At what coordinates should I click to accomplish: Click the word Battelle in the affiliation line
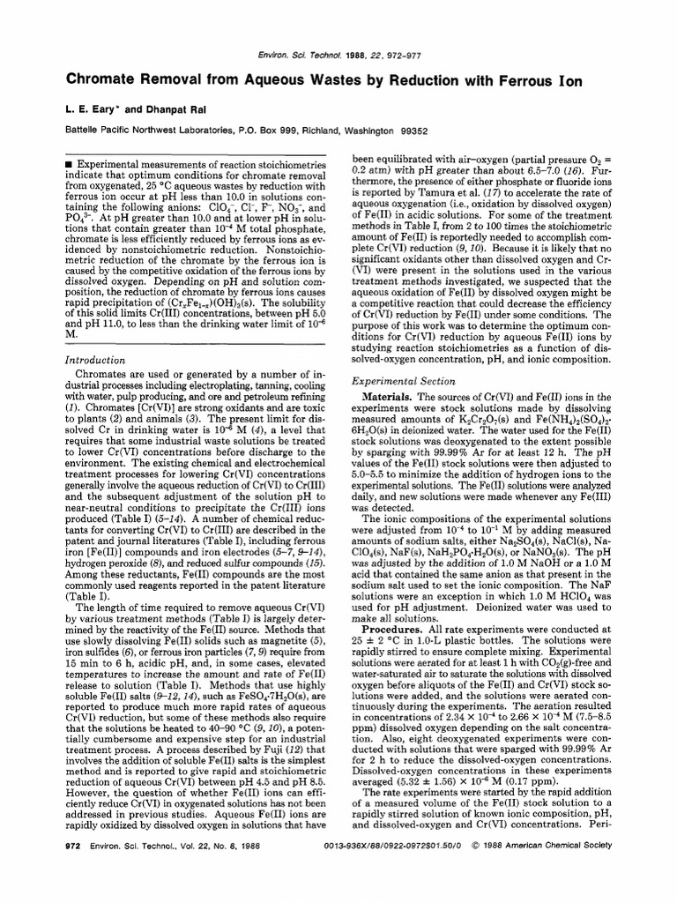tap(87, 129)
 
